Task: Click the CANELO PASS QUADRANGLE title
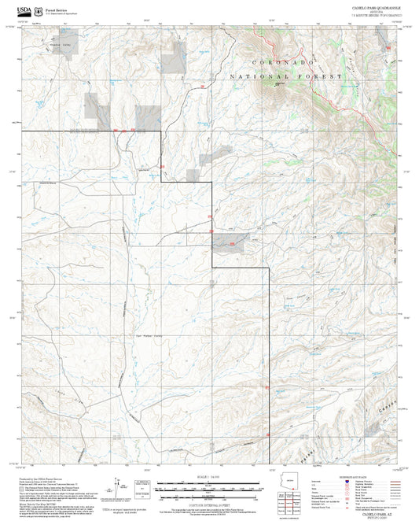pos(376,7)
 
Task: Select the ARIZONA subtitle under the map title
pos(376,11)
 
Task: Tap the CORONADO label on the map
pos(281,62)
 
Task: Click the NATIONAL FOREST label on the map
pos(286,76)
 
